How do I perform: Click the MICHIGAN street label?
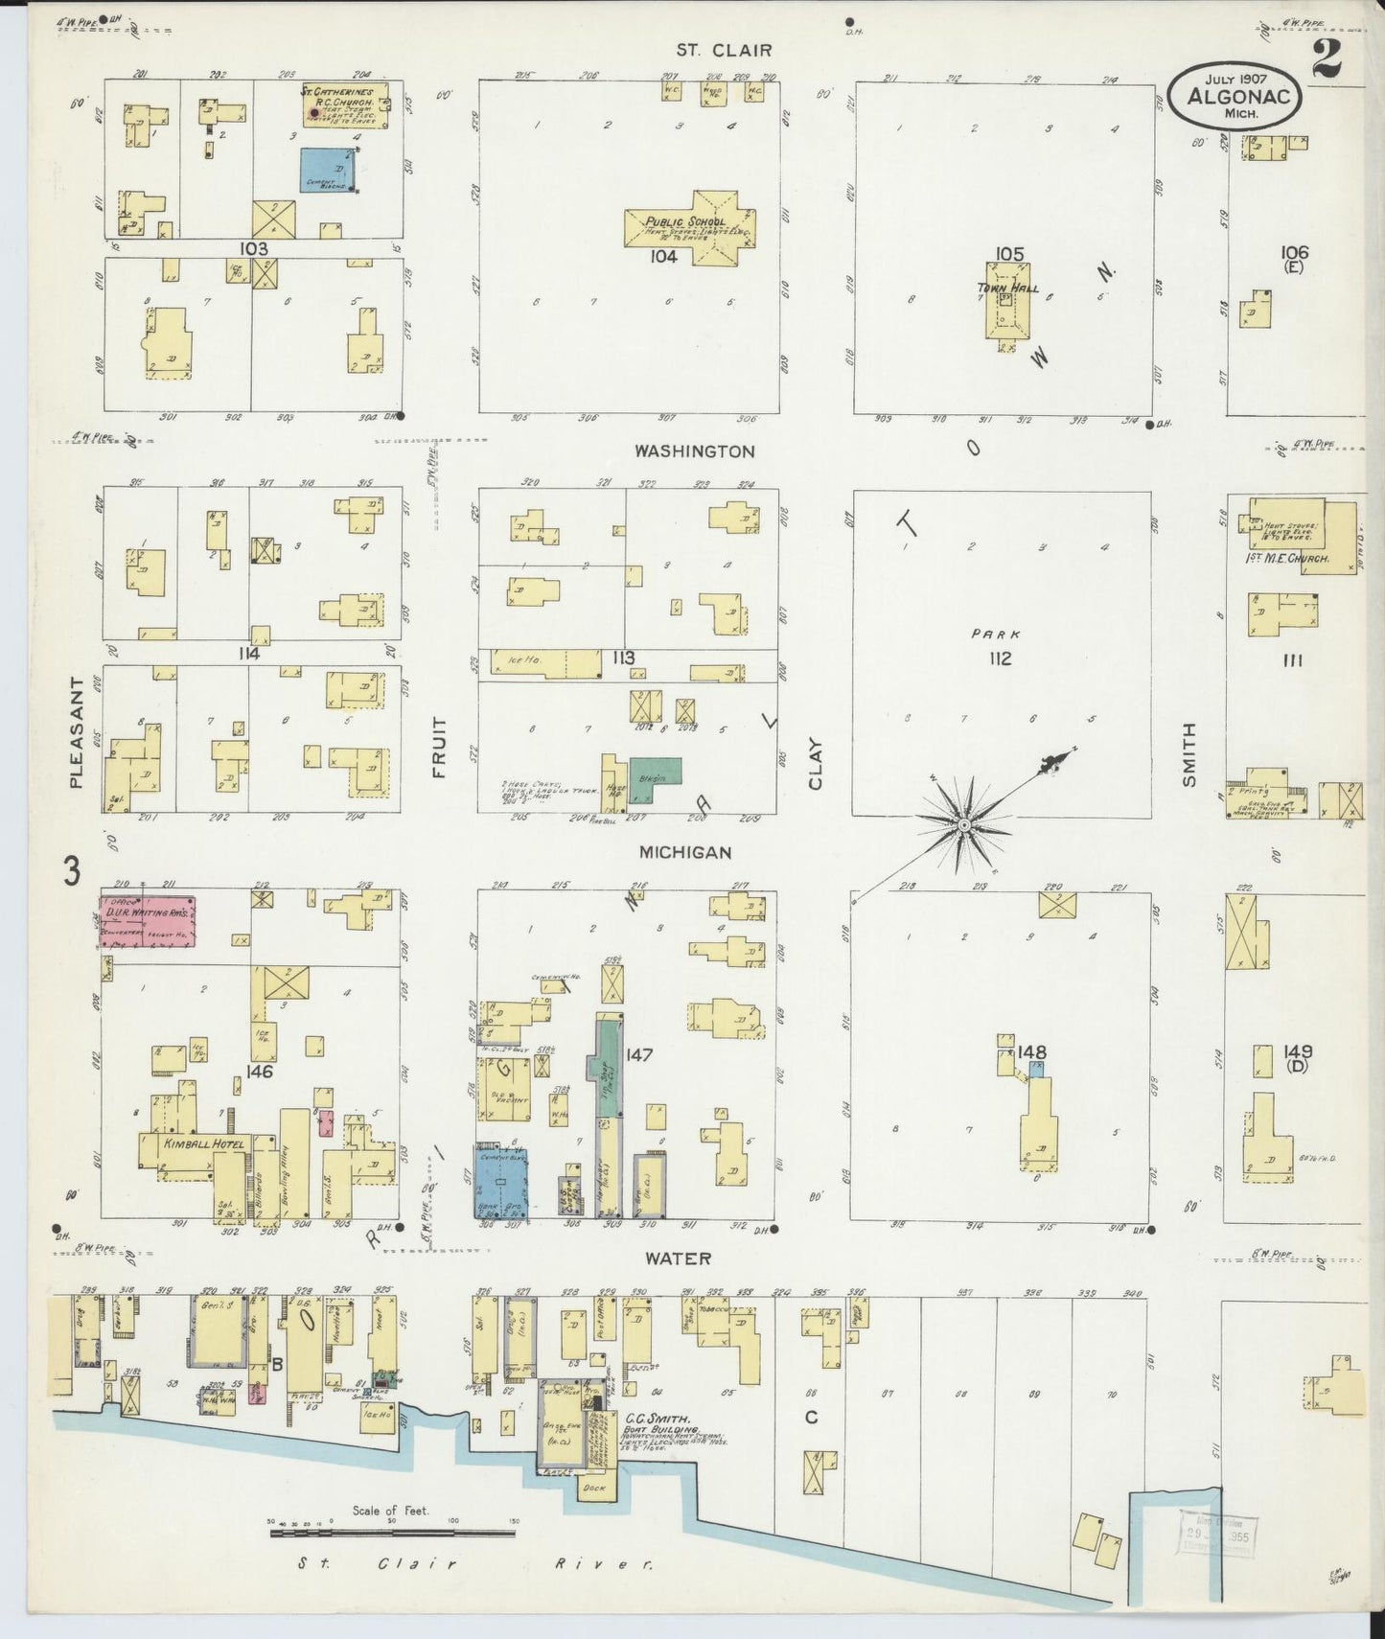(x=686, y=851)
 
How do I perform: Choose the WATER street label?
(x=678, y=1258)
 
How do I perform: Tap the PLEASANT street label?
(x=77, y=732)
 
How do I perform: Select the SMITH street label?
(x=1189, y=754)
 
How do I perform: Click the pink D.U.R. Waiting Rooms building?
(x=149, y=922)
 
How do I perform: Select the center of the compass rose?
(x=964, y=824)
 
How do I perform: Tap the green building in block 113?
(x=654, y=772)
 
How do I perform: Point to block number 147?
(x=639, y=1055)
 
